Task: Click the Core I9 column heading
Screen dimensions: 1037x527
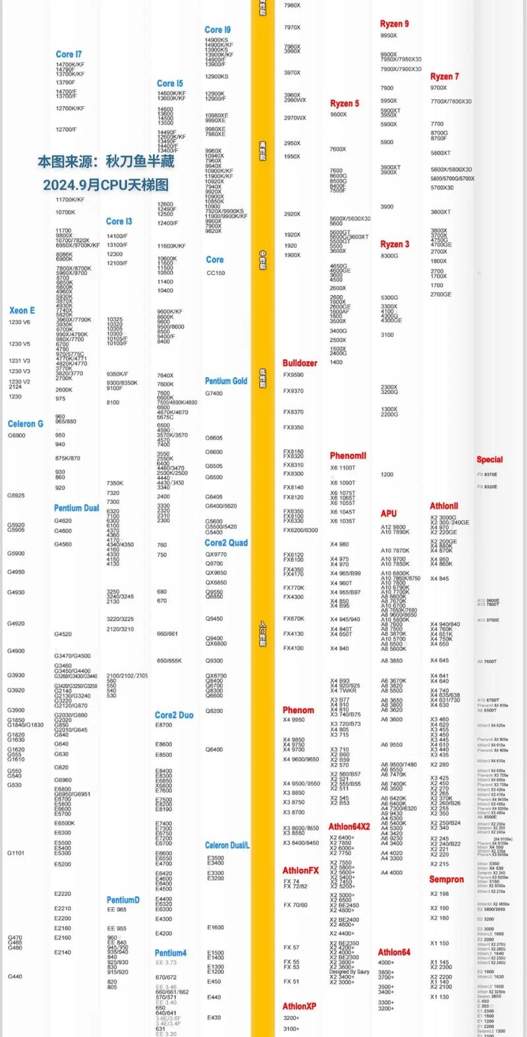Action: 217,30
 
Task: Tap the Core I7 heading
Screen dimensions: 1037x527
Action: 69,55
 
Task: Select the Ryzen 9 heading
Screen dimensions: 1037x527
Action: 394,24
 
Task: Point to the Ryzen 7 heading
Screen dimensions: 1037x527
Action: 445,76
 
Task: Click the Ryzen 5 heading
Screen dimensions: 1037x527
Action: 345,103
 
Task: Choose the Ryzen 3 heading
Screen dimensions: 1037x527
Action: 395,244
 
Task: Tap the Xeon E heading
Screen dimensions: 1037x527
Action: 22,310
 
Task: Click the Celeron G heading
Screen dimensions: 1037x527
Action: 26,424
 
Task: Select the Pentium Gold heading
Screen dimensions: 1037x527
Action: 226,381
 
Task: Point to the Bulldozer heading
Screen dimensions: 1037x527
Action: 300,363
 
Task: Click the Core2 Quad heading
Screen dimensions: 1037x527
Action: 226,543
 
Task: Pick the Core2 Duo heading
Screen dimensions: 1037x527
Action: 174,715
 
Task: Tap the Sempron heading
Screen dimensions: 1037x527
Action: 447,880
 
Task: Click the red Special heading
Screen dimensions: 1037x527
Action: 489,460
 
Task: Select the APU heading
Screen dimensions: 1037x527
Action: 389,513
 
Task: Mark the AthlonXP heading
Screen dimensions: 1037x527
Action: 299,1006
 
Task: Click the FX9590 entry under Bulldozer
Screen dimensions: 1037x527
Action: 293,375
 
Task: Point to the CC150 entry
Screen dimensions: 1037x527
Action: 215,273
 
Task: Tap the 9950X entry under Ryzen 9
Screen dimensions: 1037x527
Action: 389,36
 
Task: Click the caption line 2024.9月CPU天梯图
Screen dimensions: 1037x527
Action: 106,185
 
